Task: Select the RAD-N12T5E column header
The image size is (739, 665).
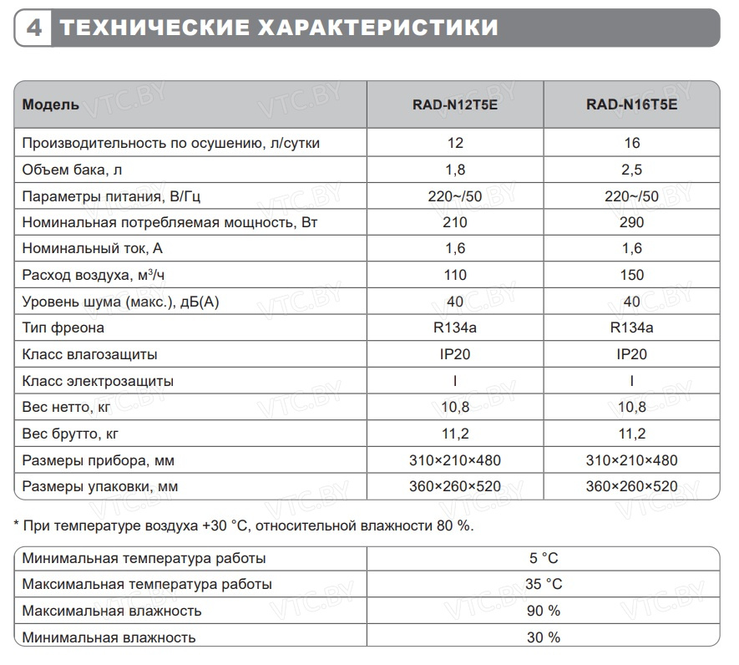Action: pyautogui.click(x=455, y=105)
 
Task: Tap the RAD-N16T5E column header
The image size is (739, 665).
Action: pyautogui.click(x=632, y=105)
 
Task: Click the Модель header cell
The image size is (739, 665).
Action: pyautogui.click(x=51, y=105)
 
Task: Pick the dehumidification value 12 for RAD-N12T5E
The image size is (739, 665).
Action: pyautogui.click(x=455, y=143)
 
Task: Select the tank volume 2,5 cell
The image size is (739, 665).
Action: pyautogui.click(x=632, y=170)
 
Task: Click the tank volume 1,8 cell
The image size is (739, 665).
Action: pyautogui.click(x=455, y=170)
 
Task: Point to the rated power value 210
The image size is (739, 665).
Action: pyautogui.click(x=455, y=222)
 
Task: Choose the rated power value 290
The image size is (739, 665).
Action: pyautogui.click(x=632, y=222)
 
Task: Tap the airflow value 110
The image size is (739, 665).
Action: pyautogui.click(x=455, y=275)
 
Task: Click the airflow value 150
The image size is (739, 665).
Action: pyautogui.click(x=632, y=275)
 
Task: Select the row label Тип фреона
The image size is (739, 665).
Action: pyautogui.click(x=63, y=327)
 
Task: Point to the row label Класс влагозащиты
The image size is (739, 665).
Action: pyautogui.click(x=90, y=354)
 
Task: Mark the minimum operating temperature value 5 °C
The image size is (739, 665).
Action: pyautogui.click(x=543, y=558)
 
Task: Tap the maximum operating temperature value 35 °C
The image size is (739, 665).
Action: pyautogui.click(x=543, y=584)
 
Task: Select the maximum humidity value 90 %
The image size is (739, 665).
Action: pyautogui.click(x=543, y=611)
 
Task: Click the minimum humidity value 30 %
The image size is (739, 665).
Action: pyautogui.click(x=543, y=637)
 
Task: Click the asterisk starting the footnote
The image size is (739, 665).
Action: pyautogui.click(x=17, y=525)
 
